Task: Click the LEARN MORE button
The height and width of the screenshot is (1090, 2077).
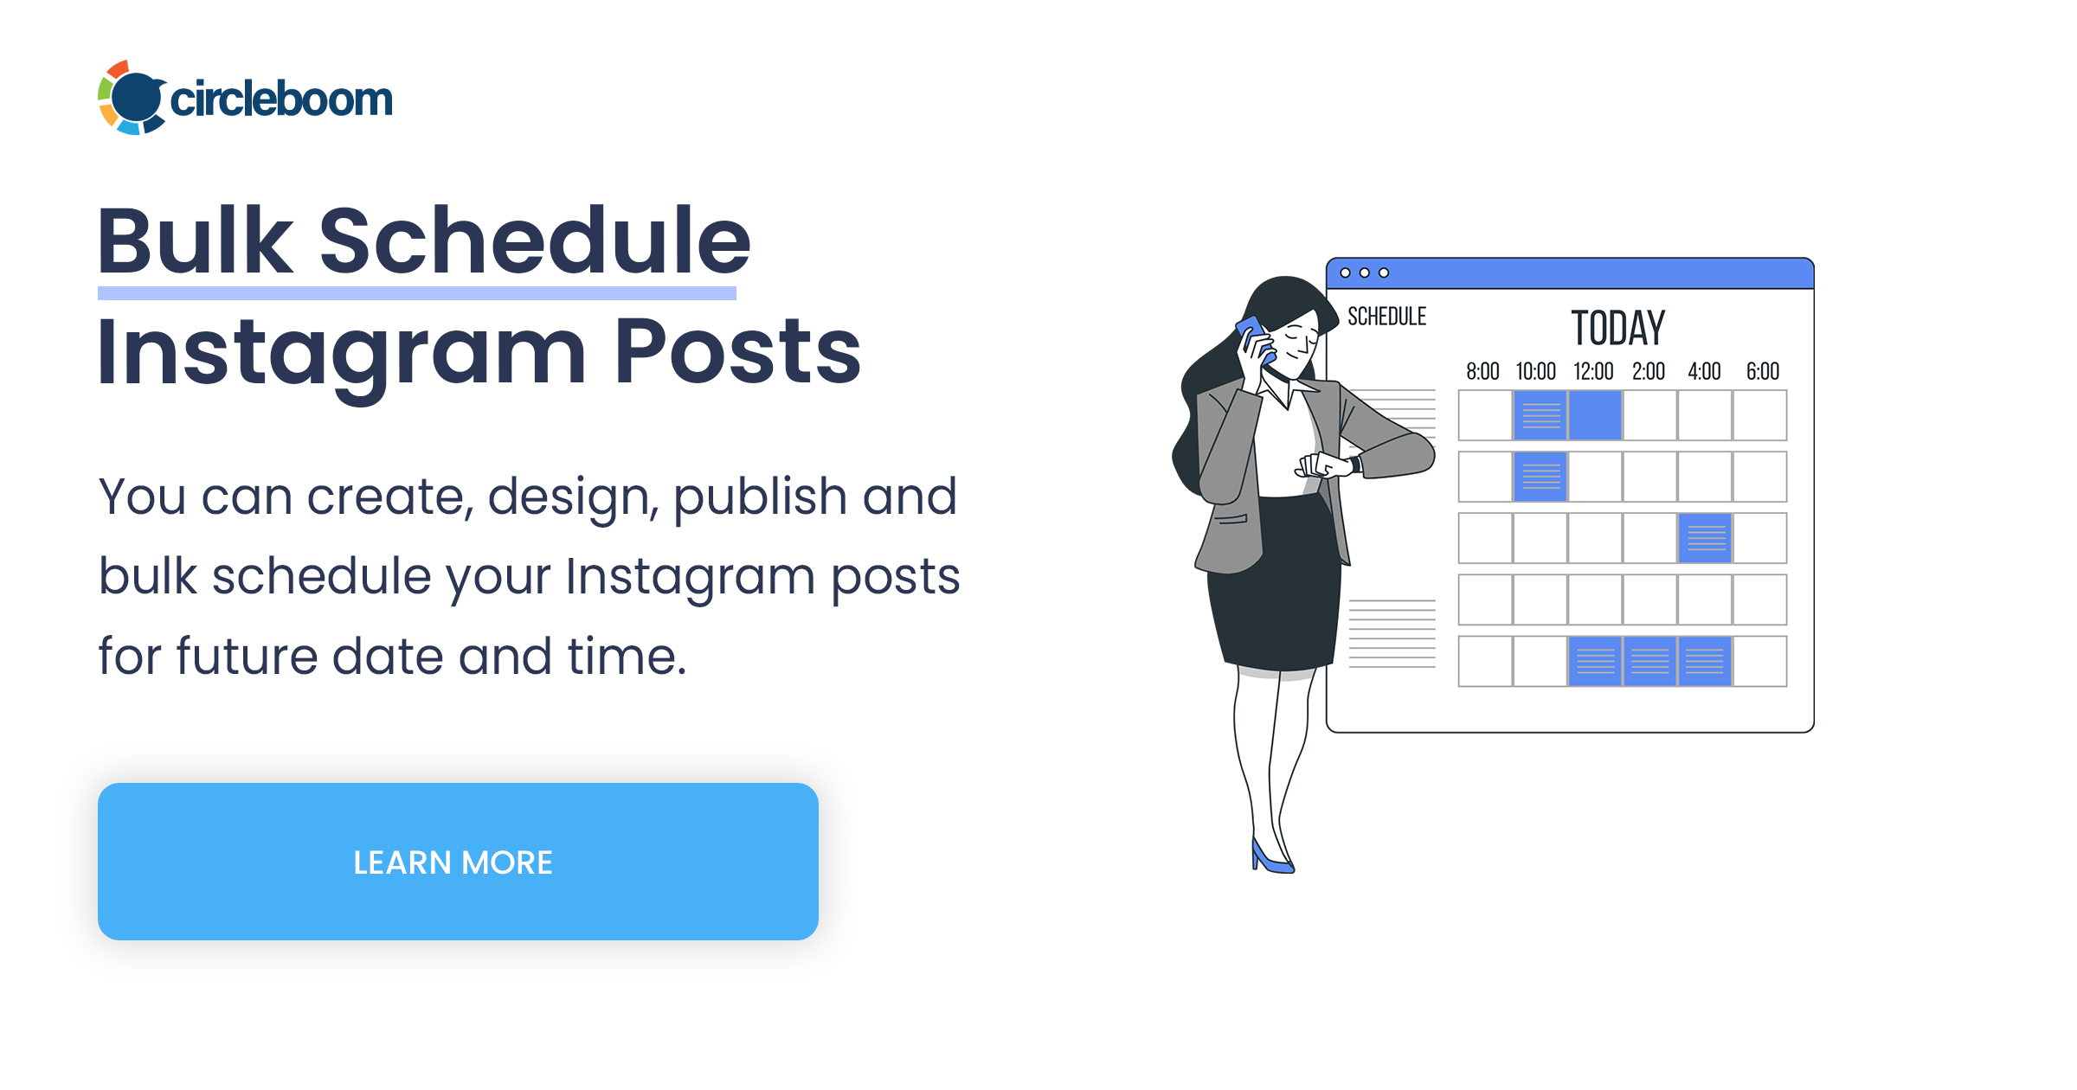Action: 458,862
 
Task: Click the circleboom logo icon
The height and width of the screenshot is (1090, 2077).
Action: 132,98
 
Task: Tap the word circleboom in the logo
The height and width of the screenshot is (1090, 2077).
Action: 281,99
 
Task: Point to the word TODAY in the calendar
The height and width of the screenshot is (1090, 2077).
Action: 1617,329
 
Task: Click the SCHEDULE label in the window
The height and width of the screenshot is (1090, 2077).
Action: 1386,317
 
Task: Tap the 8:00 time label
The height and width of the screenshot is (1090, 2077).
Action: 1482,372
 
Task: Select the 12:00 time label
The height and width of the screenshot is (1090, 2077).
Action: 1593,372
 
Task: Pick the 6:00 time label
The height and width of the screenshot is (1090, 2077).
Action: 1762,372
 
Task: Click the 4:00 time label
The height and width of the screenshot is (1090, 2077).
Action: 1704,372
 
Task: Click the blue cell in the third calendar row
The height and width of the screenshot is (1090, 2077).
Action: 1705,538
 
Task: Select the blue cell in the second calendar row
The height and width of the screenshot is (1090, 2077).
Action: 1540,477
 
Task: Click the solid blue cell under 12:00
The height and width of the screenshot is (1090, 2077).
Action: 1595,415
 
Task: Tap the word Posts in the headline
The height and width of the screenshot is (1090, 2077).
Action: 737,351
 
